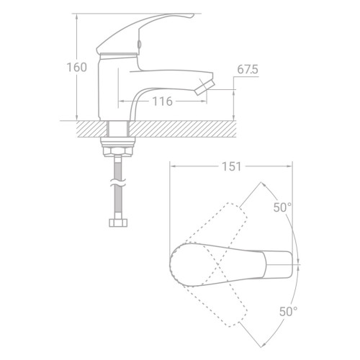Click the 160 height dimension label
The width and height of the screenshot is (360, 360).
[76, 68]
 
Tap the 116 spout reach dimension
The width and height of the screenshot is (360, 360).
[163, 102]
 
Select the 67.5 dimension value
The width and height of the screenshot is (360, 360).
[248, 70]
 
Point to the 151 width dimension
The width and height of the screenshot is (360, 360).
[231, 166]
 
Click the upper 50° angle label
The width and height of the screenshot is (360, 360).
[282, 207]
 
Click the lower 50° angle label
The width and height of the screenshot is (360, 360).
[288, 312]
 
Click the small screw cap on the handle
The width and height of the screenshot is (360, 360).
[138, 44]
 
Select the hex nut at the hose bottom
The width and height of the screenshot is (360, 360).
[118, 222]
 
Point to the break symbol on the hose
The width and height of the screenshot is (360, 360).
[118, 183]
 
